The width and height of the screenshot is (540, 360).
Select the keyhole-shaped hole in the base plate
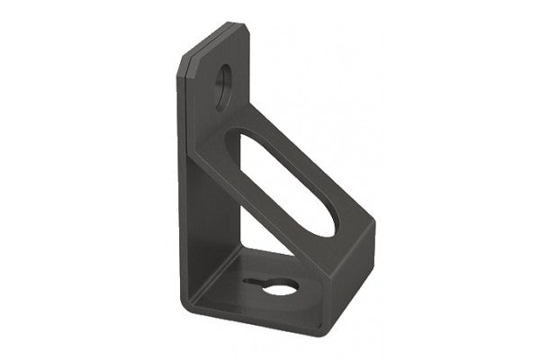click(x=274, y=286)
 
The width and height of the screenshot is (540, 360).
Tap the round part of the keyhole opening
click(x=281, y=288)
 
